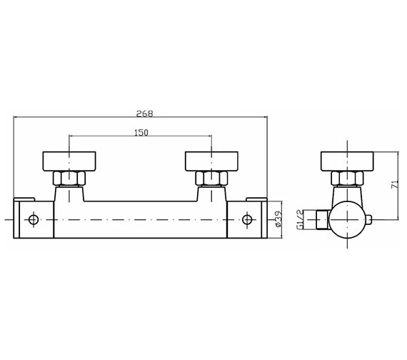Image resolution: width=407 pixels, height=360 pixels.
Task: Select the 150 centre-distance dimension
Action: [140, 133]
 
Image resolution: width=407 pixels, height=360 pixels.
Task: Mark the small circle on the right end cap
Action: [246, 219]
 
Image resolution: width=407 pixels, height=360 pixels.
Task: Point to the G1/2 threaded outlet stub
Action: [322, 219]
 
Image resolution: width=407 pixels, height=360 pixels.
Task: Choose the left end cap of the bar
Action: [34, 219]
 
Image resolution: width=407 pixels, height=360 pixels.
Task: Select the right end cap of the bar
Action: [247, 219]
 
